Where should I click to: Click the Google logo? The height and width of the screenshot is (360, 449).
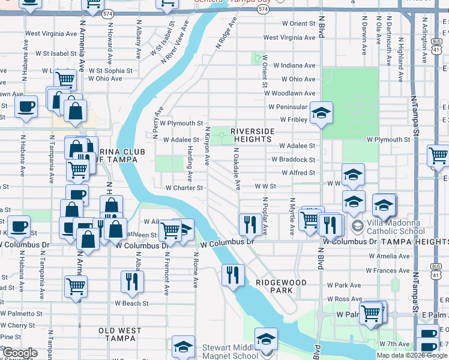click(x=20, y=353)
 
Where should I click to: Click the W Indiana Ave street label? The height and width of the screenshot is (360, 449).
click(x=294, y=65)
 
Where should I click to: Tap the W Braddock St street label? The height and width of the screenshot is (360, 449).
click(x=293, y=160)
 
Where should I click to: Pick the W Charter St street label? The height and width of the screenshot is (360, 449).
click(x=185, y=188)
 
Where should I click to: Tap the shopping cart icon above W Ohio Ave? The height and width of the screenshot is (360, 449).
click(x=64, y=78)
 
